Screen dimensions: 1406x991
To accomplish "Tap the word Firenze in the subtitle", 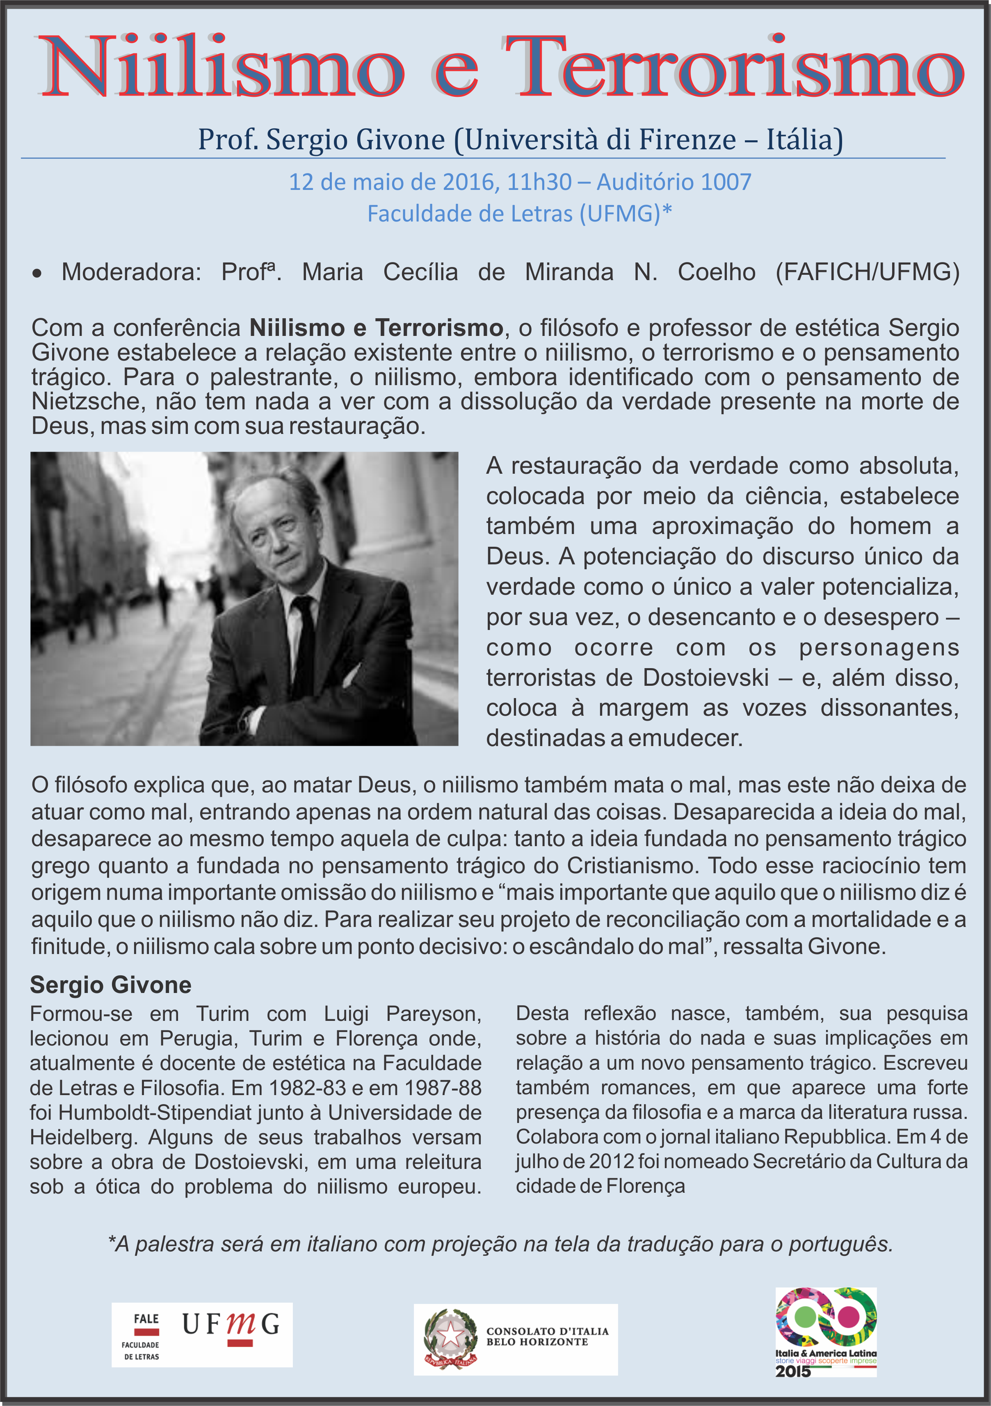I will point(687,139).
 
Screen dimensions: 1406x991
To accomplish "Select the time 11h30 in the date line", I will point(539,182).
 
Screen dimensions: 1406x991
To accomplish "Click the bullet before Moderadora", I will point(37,273).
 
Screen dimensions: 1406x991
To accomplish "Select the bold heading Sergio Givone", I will point(110,985).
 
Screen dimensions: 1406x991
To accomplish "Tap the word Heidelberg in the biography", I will point(83,1137).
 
